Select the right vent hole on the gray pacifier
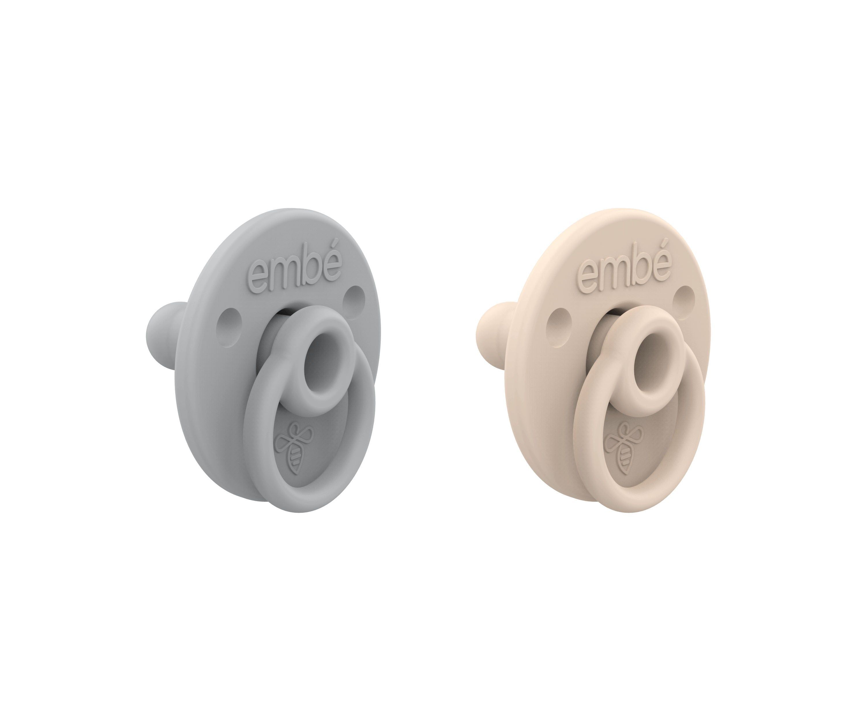pyautogui.click(x=354, y=298)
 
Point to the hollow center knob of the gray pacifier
pyautogui.click(x=320, y=354)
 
